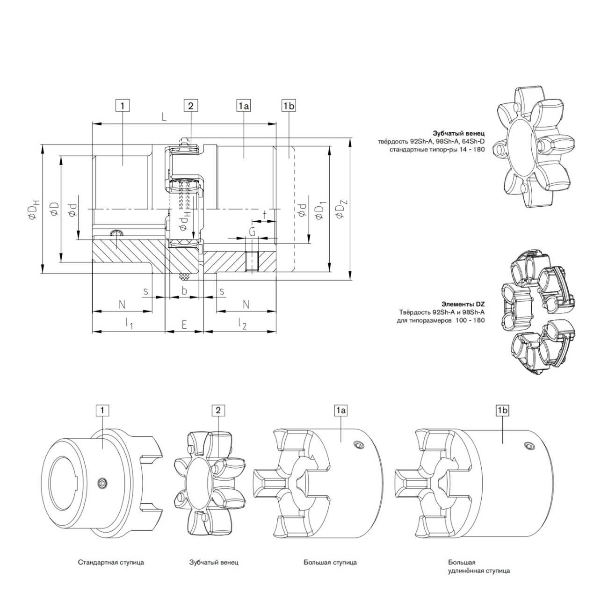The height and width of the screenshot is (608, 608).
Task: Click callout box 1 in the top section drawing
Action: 122,106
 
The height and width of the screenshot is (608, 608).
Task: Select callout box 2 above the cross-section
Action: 190,106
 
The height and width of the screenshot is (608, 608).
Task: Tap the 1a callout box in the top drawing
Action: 244,106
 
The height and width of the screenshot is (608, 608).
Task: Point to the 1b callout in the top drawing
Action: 289,106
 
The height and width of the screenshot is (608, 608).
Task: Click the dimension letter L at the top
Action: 164,117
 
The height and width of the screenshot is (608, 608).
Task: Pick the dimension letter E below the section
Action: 184,324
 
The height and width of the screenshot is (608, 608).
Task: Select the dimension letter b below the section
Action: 184,291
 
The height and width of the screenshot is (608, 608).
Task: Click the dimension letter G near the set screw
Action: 252,232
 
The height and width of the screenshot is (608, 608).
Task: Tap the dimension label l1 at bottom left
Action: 130,324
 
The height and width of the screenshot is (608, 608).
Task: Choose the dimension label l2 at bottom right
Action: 242,324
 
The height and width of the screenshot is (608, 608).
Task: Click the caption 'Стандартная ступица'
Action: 111,562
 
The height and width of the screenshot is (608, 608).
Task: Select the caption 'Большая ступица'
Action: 330,562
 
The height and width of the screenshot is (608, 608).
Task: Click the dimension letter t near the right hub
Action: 265,214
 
